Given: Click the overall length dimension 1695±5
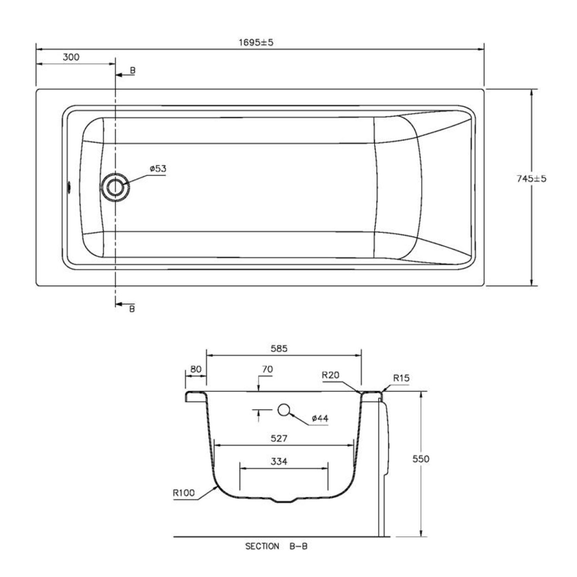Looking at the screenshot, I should pos(256,42).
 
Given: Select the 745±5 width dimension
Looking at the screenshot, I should pos(532,179).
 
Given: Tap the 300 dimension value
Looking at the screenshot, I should pos(71,57).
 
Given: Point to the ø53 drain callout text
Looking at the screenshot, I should pos(158,169).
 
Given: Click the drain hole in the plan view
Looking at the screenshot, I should pos(115,187).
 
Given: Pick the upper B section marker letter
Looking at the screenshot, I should pos(133,71).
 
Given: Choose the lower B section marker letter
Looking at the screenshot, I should pos(132,309).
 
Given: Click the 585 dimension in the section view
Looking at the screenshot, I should pos(279,348).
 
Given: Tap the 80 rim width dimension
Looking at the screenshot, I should pos(196,369).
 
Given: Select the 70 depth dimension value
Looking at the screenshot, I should pos(267,369).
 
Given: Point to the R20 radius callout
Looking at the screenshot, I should pos(330,375).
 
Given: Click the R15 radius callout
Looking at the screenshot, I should pos(401,378).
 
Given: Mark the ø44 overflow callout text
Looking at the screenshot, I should pos(320,419).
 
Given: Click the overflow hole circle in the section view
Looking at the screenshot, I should pos(284,410).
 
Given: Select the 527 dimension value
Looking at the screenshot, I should pos(279,439).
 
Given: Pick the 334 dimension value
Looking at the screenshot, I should pos(279,461).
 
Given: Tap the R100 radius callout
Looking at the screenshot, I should pos(184,493).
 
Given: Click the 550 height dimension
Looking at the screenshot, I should pos(421,459).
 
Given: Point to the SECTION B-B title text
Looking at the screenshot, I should pos(276,546).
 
